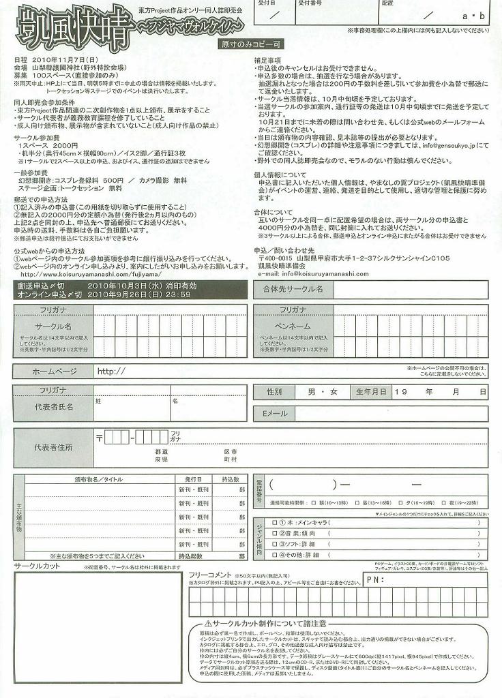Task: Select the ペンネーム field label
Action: [292, 327]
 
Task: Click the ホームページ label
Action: [55, 371]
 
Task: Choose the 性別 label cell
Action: [274, 392]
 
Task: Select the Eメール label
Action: [276, 414]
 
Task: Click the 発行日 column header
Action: [189, 479]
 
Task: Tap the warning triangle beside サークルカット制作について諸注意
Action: [207, 625]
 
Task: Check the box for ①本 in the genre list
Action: [274, 523]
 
